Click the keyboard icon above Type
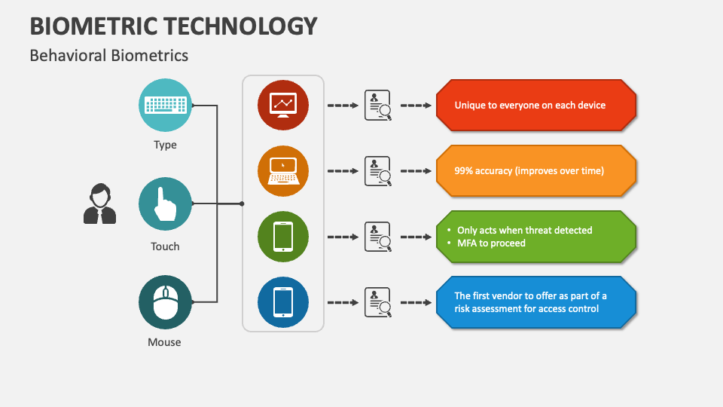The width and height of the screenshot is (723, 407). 165,105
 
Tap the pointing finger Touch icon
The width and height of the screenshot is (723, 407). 165,203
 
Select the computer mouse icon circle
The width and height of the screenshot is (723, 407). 165,302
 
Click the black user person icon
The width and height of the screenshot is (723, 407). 99,204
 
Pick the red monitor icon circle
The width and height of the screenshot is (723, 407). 283,106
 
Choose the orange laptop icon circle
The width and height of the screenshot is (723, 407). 283,171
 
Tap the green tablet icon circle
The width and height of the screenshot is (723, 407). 283,237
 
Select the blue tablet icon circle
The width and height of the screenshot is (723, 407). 283,302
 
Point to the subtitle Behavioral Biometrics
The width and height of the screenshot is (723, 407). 109,55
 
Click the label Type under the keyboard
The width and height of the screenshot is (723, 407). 165,145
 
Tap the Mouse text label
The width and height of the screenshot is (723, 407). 164,342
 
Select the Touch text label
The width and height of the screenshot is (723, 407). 165,246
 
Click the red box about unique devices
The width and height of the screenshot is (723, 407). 536,106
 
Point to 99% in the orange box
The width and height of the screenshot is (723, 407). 465,171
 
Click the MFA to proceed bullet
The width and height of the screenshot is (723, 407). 491,243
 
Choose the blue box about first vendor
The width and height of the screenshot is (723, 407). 536,302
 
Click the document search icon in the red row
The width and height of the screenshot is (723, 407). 378,106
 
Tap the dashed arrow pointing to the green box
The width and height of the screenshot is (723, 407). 416,237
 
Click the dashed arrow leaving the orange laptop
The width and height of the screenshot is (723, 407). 343,171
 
